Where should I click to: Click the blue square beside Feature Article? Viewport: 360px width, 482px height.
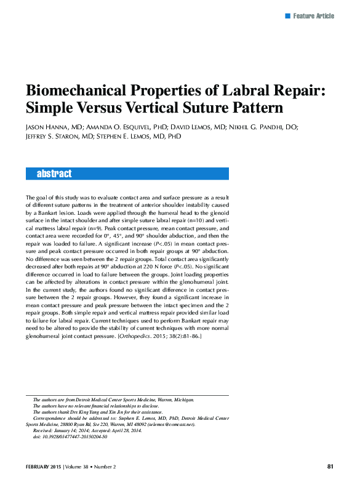(x=287, y=15)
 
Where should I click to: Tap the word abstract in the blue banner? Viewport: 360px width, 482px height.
(x=54, y=174)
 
